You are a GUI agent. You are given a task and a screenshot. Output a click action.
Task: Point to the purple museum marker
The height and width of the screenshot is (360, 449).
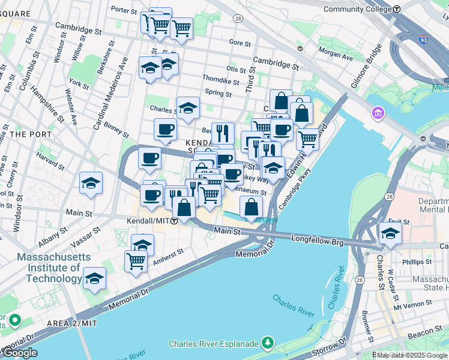378,112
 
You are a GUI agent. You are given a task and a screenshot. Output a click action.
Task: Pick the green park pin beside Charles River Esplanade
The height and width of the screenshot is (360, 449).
268,343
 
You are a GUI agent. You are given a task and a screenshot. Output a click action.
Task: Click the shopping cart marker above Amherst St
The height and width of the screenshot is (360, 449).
136,261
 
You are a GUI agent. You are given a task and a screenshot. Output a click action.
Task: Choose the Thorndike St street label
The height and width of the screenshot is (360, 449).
220,79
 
